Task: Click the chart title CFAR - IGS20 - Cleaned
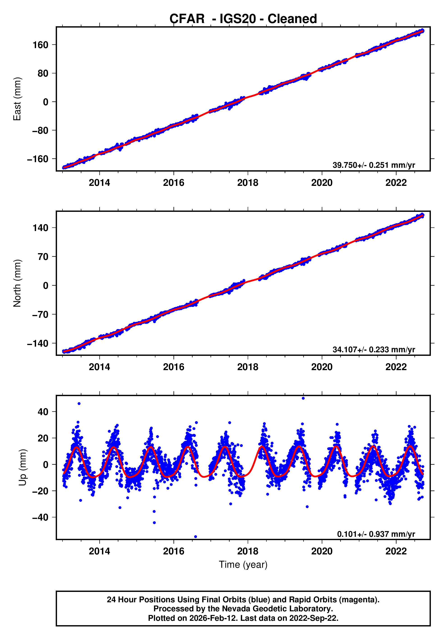243,19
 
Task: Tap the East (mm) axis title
17,99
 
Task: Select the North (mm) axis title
17,283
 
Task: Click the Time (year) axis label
243,564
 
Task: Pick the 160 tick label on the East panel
40,45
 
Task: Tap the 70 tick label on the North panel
43,257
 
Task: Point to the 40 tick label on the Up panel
43,412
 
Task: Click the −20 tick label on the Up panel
40,491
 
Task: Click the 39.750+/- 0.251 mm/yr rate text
374,165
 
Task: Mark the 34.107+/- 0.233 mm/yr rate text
374,349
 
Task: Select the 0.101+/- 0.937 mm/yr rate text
376,534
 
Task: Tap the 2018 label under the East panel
247,183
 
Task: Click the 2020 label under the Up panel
322,551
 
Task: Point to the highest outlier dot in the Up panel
303,398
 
